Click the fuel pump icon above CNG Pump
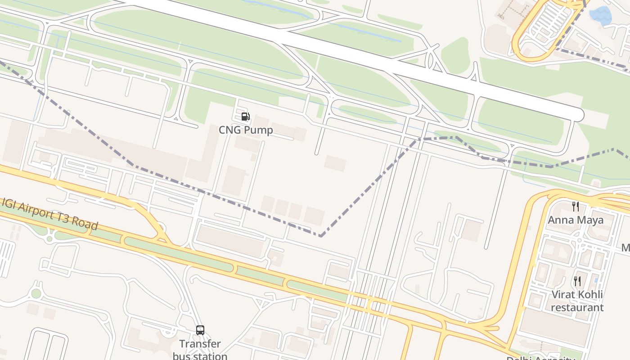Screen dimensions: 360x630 (245, 117)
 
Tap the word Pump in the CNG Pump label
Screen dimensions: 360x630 (258, 130)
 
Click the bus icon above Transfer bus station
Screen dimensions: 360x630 (200, 330)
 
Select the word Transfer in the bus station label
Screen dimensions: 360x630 (200, 344)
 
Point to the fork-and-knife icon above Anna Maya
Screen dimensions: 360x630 (576, 207)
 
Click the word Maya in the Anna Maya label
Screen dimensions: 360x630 (590, 220)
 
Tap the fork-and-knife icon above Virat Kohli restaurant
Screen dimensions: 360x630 (577, 282)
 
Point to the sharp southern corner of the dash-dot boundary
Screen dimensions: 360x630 (320, 235)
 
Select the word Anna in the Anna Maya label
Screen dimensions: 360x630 (560, 220)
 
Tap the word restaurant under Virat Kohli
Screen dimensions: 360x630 (577, 307)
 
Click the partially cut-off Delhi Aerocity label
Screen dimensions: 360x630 (541, 358)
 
